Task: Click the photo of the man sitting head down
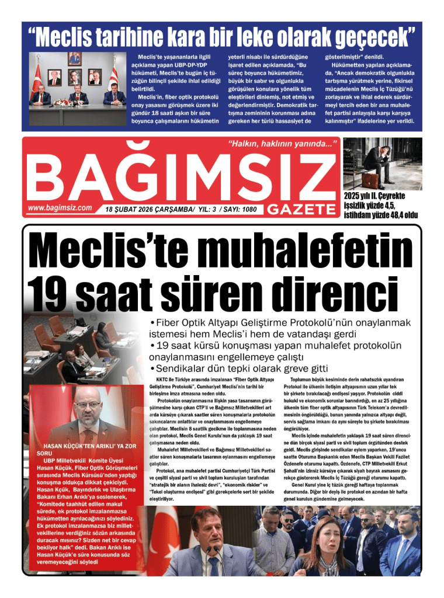(x=383, y=164)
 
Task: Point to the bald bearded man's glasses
(x=89, y=412)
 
